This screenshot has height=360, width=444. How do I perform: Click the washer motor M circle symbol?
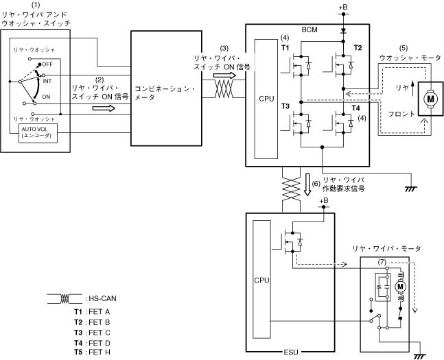431,99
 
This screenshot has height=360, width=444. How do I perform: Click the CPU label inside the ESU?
260,280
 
